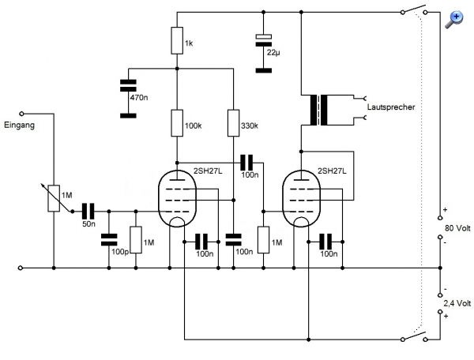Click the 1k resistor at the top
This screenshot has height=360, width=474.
[x=176, y=41]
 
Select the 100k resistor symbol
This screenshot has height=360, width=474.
[x=176, y=125]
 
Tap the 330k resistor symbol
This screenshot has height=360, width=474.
[x=233, y=124]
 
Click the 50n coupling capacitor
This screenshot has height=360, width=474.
[x=88, y=211]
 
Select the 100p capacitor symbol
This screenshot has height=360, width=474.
[x=109, y=239]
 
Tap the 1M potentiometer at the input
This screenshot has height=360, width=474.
[x=54, y=198]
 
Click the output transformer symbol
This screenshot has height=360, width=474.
[x=323, y=111]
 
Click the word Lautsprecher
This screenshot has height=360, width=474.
[x=390, y=105]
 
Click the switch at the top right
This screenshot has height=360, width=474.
[x=413, y=11]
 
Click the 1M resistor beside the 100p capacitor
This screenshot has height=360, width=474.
[x=136, y=239]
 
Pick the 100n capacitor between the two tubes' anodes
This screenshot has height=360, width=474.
[x=248, y=162]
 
